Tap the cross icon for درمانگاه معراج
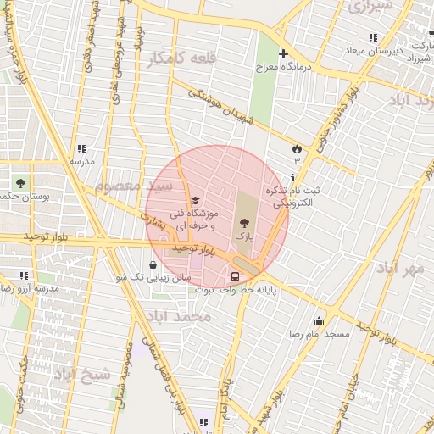pos(283,54)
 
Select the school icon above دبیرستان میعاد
pos(373,37)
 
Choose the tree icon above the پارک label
pos(246,221)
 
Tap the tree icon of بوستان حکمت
pos(19,182)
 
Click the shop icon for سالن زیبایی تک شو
pos(153,264)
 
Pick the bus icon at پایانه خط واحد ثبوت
pos(235,276)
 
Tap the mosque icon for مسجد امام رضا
pos(319,320)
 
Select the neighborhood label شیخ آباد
pos(82,373)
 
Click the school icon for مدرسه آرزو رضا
pos(24,275)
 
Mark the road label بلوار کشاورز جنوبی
pos(332,122)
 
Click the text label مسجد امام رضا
pos(319,335)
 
